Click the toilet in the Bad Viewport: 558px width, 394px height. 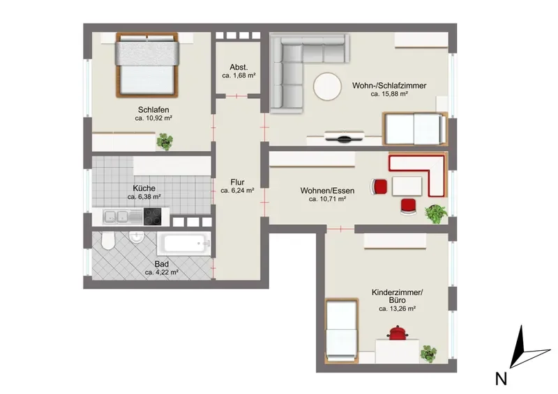pyautogui.click(x=107, y=241)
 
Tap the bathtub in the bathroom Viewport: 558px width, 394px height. pyautogui.click(x=184, y=244)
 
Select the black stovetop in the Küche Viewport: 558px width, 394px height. pyautogui.click(x=152, y=216)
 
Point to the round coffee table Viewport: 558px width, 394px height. pyautogui.click(x=328, y=87)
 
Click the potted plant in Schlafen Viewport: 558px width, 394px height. pyautogui.click(x=165, y=141)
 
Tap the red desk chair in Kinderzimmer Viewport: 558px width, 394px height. pyautogui.click(x=398, y=333)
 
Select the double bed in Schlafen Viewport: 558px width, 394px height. pyautogui.click(x=147, y=65)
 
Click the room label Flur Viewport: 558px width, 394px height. pyautogui.click(x=237, y=182)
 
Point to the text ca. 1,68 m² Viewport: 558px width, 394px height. pyautogui.click(x=239, y=75)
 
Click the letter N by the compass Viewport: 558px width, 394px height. pyautogui.click(x=501, y=379)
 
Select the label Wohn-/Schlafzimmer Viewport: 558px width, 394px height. pyautogui.click(x=389, y=86)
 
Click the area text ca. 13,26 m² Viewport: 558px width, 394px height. pyautogui.click(x=397, y=309)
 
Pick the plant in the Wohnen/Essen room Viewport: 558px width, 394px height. pyautogui.click(x=437, y=214)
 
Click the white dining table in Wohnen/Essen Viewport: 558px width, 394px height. pyautogui.click(x=407, y=186)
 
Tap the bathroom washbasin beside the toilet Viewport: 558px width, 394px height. pyautogui.click(x=136, y=237)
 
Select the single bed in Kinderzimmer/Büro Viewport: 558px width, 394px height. pyautogui.click(x=342, y=331)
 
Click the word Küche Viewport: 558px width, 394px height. pyautogui.click(x=144, y=188)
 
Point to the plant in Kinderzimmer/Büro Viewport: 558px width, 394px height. pyautogui.click(x=428, y=354)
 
